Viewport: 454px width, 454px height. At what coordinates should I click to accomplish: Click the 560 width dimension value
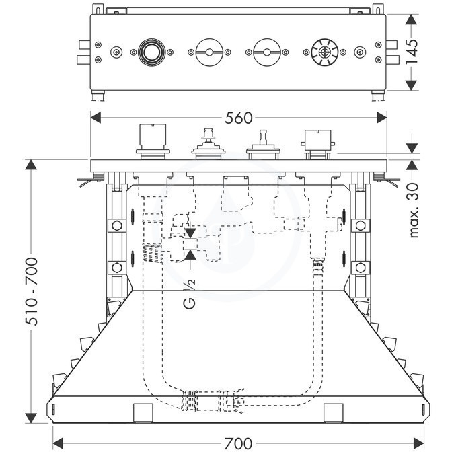click(x=239, y=118)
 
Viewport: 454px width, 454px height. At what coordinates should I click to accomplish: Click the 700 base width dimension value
click(x=238, y=443)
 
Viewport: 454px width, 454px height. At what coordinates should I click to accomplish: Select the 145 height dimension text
click(x=411, y=48)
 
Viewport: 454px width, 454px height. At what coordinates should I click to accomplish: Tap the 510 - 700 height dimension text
click(x=32, y=291)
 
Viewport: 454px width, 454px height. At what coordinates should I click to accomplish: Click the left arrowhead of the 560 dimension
click(x=96, y=118)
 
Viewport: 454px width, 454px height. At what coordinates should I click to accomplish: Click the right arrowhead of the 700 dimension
click(x=419, y=443)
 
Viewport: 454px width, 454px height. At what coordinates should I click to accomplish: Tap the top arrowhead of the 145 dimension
click(x=411, y=19)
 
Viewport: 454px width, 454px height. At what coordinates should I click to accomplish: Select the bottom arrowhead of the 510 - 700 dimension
click(x=31, y=418)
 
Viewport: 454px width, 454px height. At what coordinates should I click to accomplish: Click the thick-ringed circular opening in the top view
click(x=151, y=52)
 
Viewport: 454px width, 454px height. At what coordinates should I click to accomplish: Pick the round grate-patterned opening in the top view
click(x=325, y=52)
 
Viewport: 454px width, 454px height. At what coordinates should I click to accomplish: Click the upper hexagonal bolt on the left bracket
click(x=116, y=225)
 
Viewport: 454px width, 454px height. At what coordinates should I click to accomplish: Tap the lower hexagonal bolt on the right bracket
click(x=361, y=268)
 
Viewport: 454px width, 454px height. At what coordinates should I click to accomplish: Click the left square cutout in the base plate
click(x=143, y=412)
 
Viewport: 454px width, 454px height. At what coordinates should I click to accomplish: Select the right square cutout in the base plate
click(x=334, y=412)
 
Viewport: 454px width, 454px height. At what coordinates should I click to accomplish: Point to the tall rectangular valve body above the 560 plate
click(x=153, y=142)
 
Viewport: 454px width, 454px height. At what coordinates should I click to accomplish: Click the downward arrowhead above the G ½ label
click(x=190, y=233)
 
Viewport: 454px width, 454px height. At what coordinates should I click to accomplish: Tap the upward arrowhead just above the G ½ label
click(x=190, y=254)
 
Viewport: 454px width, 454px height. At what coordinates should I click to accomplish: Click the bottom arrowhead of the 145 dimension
click(x=411, y=85)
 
